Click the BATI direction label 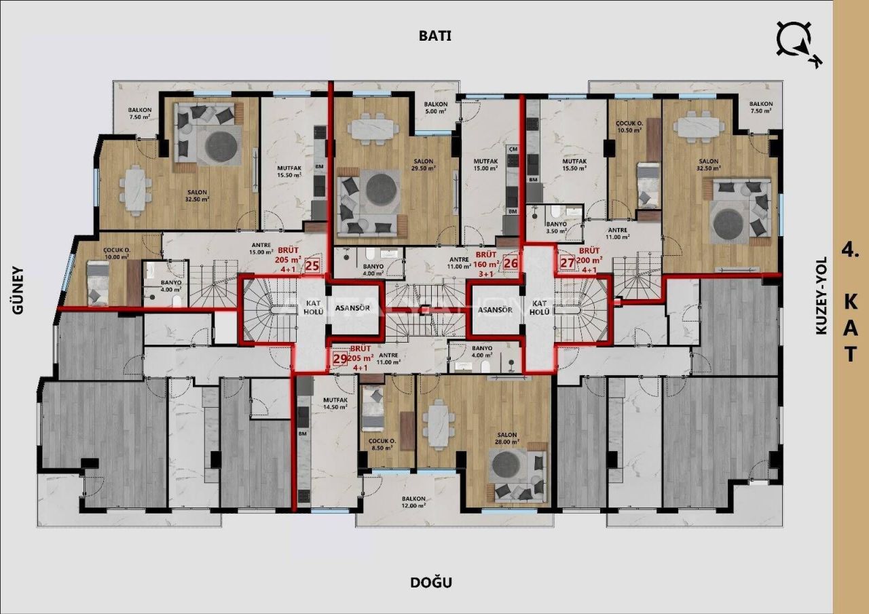[434, 36]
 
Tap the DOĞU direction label [431, 582]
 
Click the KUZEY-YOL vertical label [821, 295]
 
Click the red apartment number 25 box [312, 265]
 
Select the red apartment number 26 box [511, 263]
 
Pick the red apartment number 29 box [340, 359]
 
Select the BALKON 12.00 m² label [413, 502]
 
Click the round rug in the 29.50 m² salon [383, 193]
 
